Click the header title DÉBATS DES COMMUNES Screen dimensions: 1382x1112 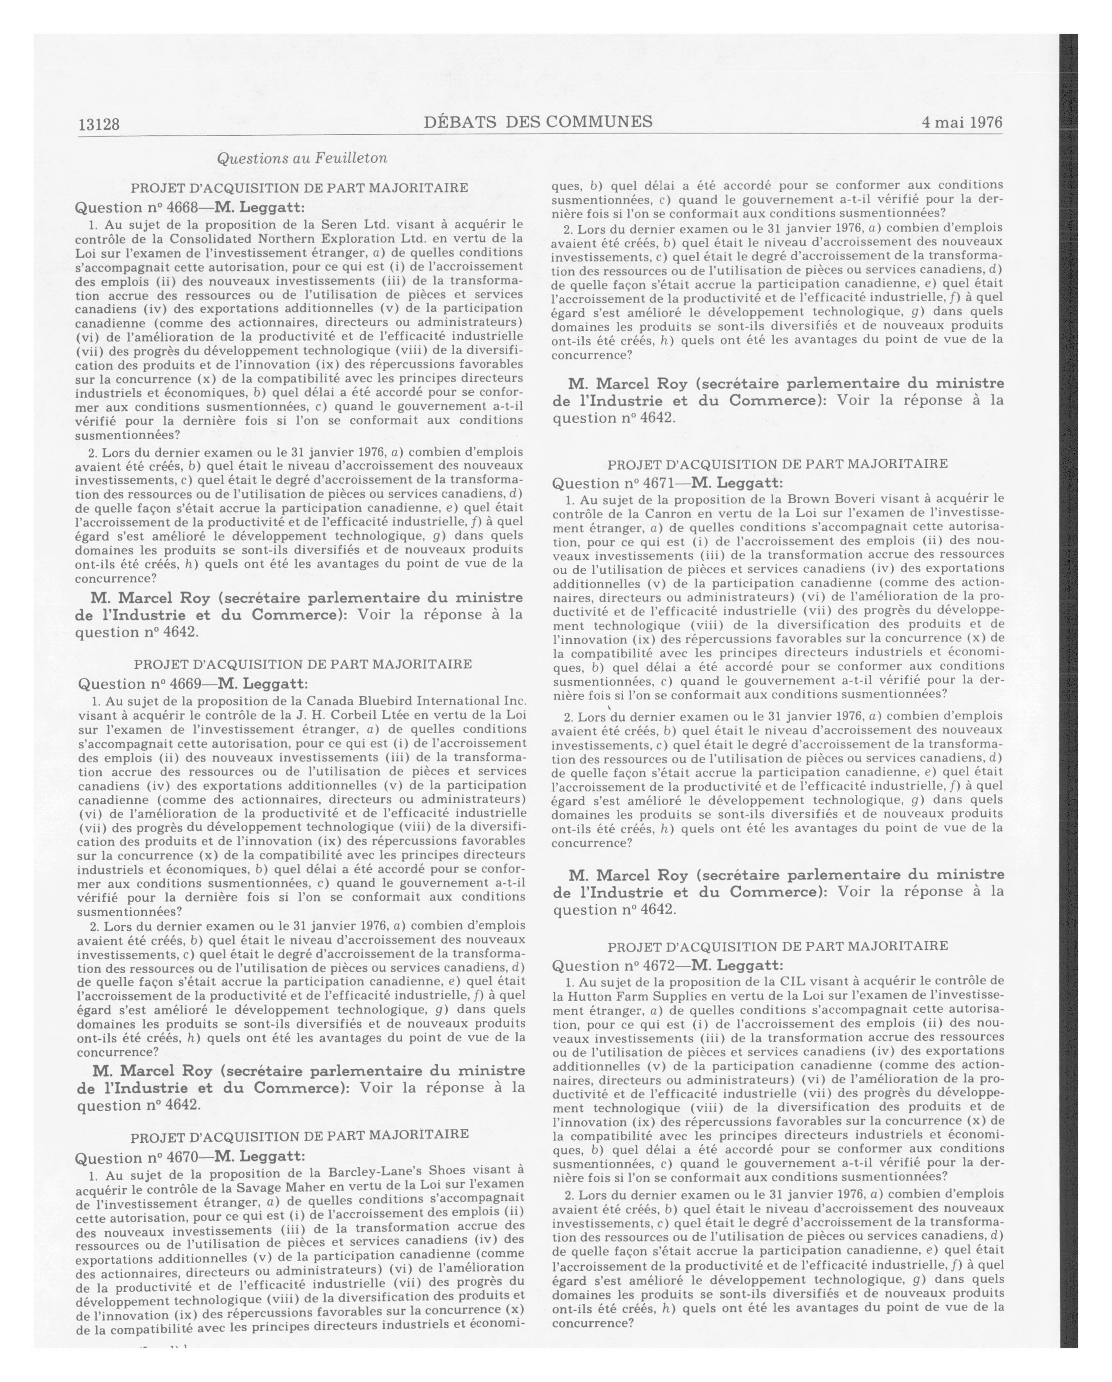coord(538,122)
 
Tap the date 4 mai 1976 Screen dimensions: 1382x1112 coord(961,123)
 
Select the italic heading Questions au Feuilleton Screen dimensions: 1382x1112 coord(302,158)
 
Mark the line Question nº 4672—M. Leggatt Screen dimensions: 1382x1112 coord(667,966)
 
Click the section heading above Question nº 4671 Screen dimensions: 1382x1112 coord(777,464)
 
